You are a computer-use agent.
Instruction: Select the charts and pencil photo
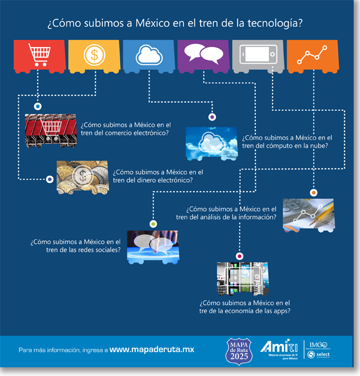[x=308, y=214]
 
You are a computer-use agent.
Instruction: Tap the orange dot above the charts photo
[x=313, y=193]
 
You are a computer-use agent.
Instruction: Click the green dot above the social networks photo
[x=153, y=224]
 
